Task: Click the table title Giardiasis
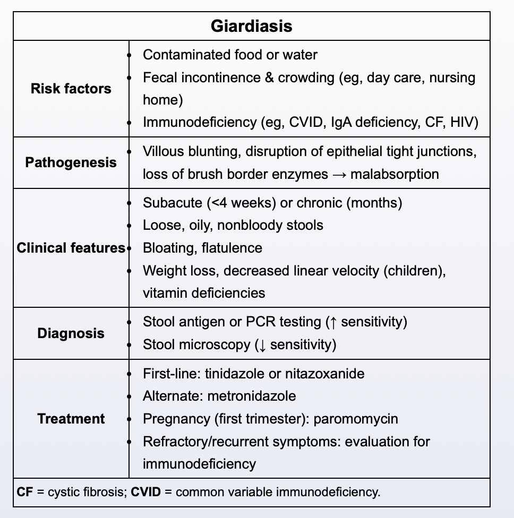tap(251, 26)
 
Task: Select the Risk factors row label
tap(71, 88)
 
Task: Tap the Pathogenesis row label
tap(71, 162)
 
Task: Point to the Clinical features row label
tap(71, 248)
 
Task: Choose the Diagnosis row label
tap(71, 333)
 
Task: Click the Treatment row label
tap(71, 419)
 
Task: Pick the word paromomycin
tap(356, 419)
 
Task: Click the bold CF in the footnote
tap(24, 492)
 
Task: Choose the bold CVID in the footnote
tap(145, 492)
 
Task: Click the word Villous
tap(164, 151)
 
